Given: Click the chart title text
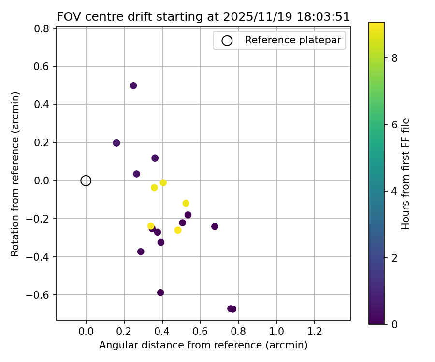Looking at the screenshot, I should [203, 17].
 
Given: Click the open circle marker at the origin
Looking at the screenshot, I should [86, 181].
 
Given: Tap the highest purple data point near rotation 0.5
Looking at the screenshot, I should [133, 85].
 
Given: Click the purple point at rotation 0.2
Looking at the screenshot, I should [116, 143].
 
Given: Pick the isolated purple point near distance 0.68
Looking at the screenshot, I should [215, 226].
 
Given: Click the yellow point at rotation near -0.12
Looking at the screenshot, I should [186, 203].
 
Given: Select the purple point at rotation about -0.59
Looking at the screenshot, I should [160, 292].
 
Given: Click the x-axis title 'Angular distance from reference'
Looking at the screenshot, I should [203, 345].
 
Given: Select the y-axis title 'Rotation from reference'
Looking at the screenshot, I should [15, 174].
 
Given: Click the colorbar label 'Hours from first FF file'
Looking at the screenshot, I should [406, 174].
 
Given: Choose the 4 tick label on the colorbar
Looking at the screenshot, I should [394, 191].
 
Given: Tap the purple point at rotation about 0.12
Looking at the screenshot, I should [155, 158].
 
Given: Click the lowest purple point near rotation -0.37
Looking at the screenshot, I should [141, 251].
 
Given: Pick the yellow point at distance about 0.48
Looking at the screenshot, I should [178, 230].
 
